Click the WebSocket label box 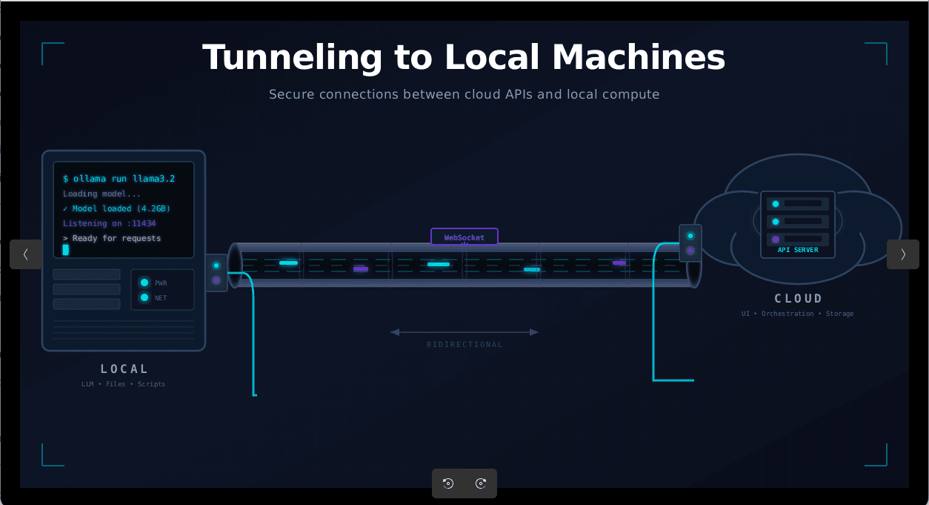pyautogui.click(x=464, y=237)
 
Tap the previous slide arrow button pyautogui.click(x=26, y=254)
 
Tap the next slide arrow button pyautogui.click(x=902, y=254)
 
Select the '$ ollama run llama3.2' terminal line pyautogui.click(x=119, y=179)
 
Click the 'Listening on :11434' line pyautogui.click(x=109, y=223)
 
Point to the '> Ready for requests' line pyautogui.click(x=112, y=238)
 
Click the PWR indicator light pyautogui.click(x=144, y=283)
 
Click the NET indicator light pyautogui.click(x=144, y=297)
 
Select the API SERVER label pyautogui.click(x=798, y=250)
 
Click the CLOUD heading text pyautogui.click(x=798, y=299)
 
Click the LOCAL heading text pyautogui.click(x=124, y=369)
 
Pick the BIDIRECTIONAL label pyautogui.click(x=464, y=344)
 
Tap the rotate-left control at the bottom pyautogui.click(x=448, y=483)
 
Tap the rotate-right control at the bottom pyautogui.click(x=481, y=483)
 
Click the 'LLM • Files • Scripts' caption pyautogui.click(x=124, y=384)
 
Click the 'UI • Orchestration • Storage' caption pyautogui.click(x=797, y=314)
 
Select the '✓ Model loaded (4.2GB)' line pyautogui.click(x=116, y=208)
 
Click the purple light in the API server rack pyautogui.click(x=776, y=240)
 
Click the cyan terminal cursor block pyautogui.click(x=66, y=250)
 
